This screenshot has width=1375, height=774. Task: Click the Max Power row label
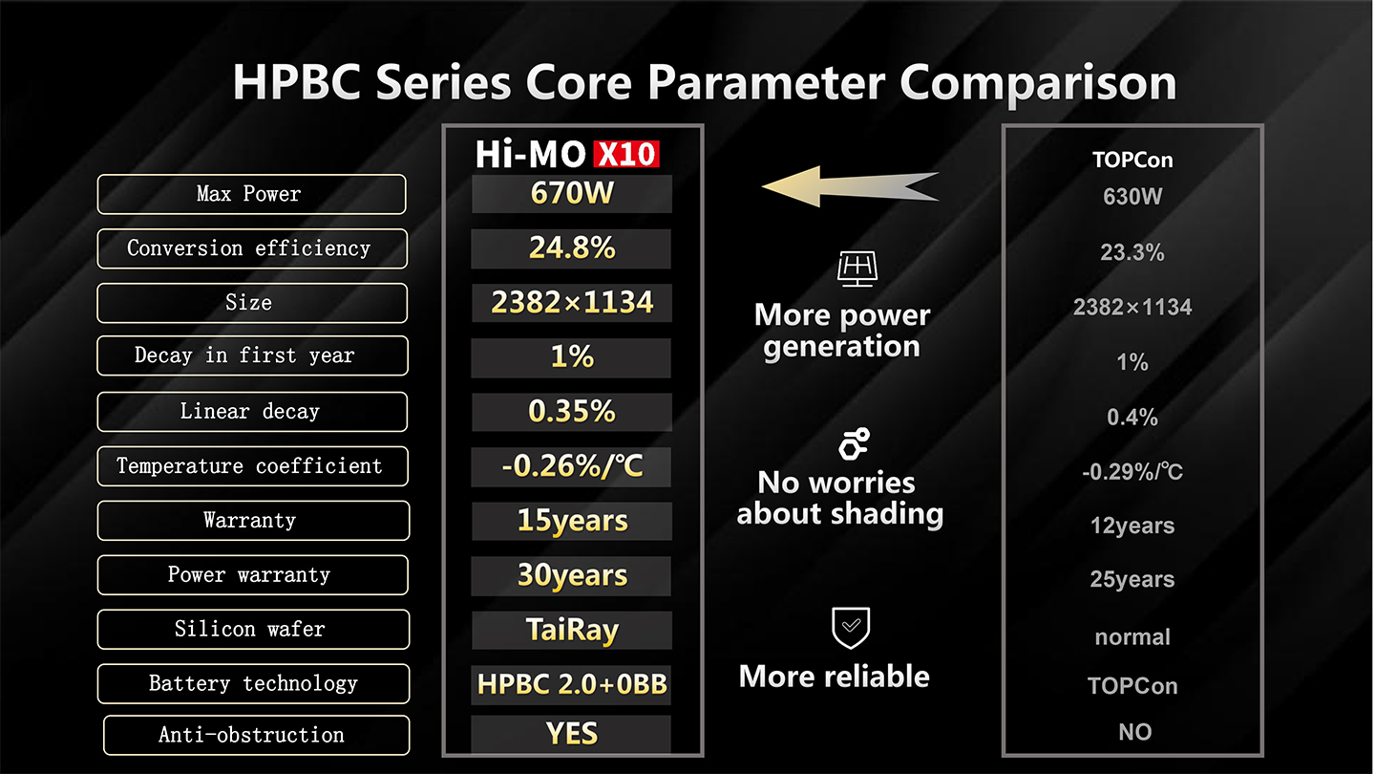(252, 194)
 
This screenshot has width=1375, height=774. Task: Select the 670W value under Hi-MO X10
(571, 193)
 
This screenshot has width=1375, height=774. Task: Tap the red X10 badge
(626, 154)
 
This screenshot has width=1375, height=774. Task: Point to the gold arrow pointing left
(850, 186)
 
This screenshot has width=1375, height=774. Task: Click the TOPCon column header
(1132, 160)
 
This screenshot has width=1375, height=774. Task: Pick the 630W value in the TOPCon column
(1132, 197)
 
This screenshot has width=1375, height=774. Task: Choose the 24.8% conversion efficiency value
(571, 248)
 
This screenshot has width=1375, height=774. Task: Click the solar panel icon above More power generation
(857, 269)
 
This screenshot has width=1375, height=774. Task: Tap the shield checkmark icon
(851, 628)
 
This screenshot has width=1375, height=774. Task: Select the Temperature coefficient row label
(252, 466)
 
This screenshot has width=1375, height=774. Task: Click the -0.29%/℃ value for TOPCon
(1132, 472)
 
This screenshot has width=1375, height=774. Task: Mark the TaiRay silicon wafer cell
(571, 630)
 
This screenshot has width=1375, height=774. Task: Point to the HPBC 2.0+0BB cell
(571, 684)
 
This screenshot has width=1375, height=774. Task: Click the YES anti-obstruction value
(571, 734)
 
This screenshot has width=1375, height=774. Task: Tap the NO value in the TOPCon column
(1134, 732)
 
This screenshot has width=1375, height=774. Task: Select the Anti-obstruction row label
(257, 736)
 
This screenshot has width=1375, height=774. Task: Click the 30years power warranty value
(571, 575)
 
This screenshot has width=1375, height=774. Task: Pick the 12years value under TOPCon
(1132, 526)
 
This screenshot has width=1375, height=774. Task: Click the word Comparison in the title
(1038, 83)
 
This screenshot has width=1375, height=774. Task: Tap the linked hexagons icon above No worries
(855, 443)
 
